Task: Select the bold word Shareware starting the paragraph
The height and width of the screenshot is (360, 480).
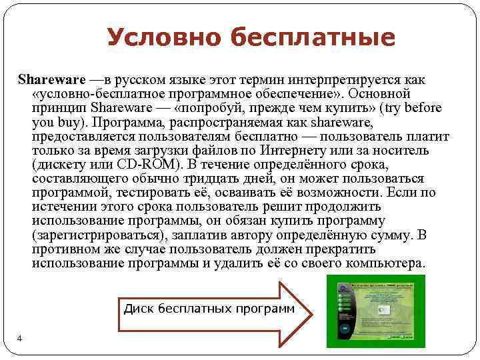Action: (47, 79)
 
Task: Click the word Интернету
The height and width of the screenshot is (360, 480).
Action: (328, 151)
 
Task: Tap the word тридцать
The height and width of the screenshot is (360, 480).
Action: (198, 179)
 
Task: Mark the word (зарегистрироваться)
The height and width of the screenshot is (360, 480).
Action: (98, 235)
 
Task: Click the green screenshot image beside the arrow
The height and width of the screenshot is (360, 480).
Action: (375, 311)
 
